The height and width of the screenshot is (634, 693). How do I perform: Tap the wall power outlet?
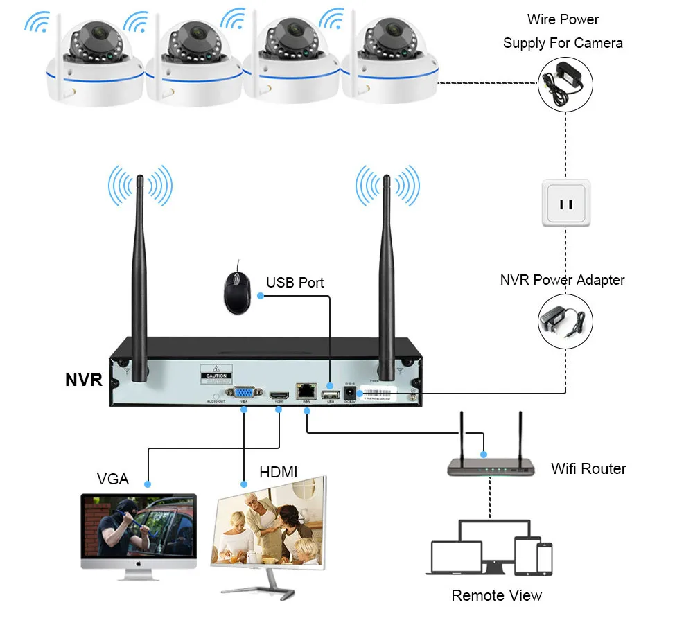click(x=566, y=203)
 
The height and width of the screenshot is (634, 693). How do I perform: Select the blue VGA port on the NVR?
click(x=245, y=392)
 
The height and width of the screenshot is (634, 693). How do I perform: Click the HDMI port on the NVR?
click(x=279, y=392)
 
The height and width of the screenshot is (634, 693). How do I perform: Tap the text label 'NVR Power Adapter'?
click(x=562, y=280)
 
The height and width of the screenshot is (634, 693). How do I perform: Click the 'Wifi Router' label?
click(x=588, y=468)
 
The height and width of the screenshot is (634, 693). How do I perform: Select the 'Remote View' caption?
click(x=496, y=595)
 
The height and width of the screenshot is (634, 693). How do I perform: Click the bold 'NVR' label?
click(x=84, y=380)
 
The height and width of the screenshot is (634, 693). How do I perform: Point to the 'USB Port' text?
click(x=295, y=283)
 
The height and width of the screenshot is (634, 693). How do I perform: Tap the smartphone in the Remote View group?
click(x=544, y=558)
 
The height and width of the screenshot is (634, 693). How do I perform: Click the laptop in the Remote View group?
click(x=456, y=558)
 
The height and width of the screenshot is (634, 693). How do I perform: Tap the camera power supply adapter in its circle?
click(x=566, y=83)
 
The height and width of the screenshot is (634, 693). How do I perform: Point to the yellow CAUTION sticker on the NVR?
click(x=216, y=374)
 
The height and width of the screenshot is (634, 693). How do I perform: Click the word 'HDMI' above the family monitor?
click(x=278, y=472)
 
